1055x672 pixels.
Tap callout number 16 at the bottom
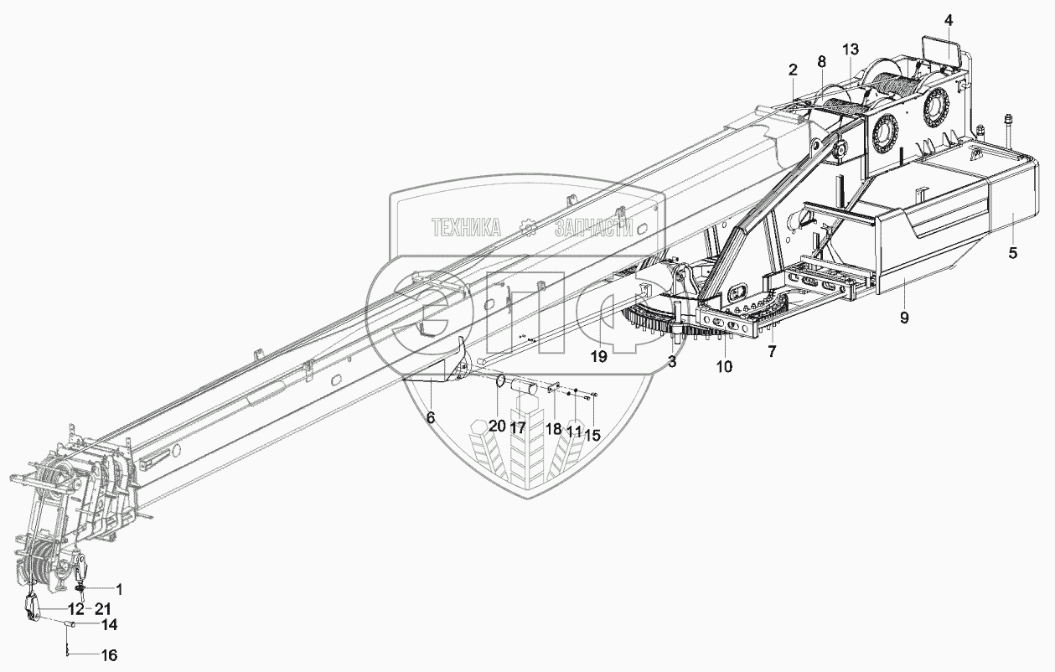(110, 655)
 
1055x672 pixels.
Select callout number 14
(110, 625)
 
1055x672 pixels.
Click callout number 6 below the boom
(430, 416)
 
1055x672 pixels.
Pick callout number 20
(497, 426)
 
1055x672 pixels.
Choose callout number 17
(517, 426)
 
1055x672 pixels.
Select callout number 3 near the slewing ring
(671, 361)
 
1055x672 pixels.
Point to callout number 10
(724, 366)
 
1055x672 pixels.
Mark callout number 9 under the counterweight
(904, 318)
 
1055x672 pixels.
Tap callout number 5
(1012, 253)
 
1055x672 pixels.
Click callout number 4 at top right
(948, 18)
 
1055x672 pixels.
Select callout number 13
(850, 50)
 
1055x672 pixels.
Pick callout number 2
(793, 70)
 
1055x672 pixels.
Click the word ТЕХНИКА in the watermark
(466, 226)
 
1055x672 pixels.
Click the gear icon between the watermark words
(528, 226)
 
